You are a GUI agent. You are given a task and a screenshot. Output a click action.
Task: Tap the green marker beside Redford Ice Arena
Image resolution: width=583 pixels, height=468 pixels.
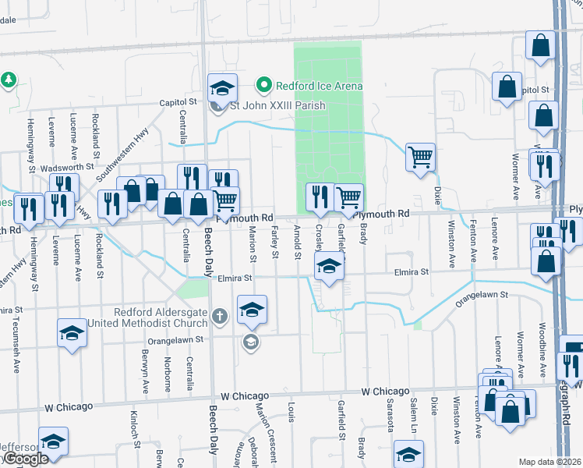(264, 86)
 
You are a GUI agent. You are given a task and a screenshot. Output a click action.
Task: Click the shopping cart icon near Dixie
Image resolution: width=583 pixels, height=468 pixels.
(420, 158)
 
